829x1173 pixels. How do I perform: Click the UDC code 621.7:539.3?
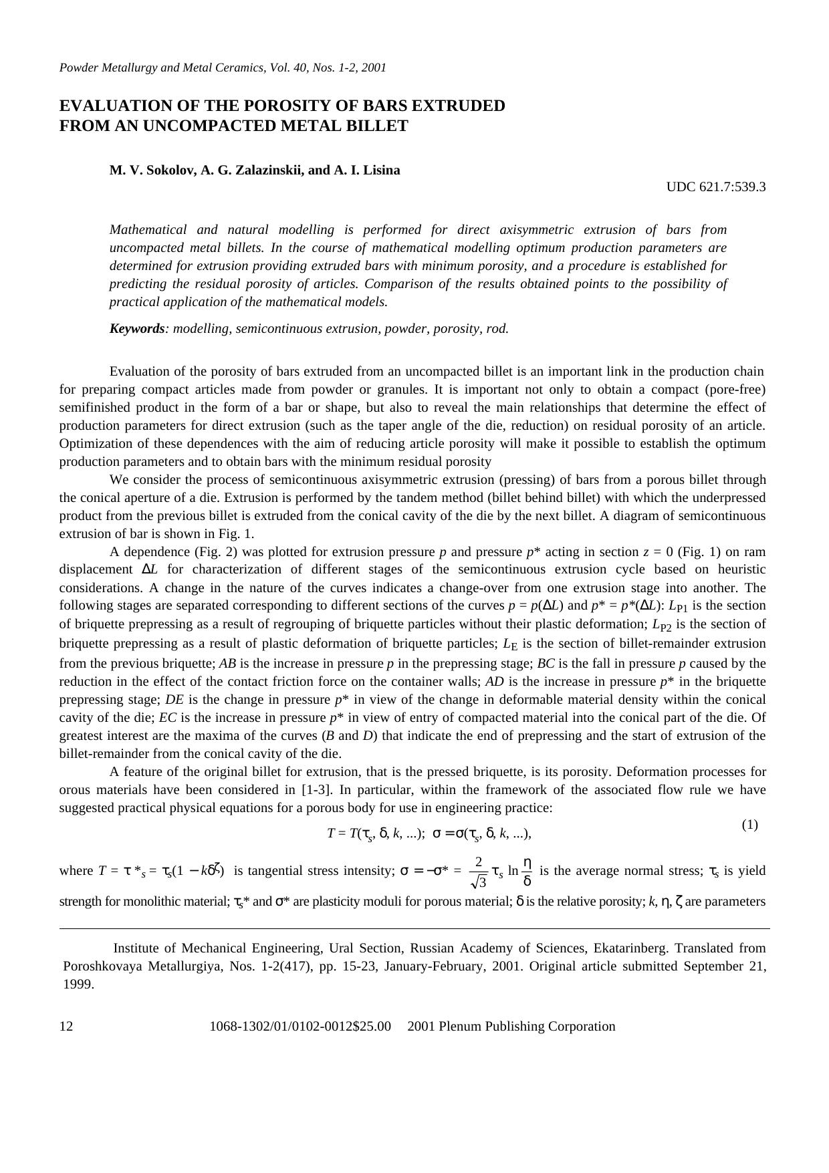716,187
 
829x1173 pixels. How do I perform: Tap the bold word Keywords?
137,329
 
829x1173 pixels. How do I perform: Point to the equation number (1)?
749,825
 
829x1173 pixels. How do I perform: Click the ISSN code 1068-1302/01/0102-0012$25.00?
300,1027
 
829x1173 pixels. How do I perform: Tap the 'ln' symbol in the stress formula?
513,871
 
